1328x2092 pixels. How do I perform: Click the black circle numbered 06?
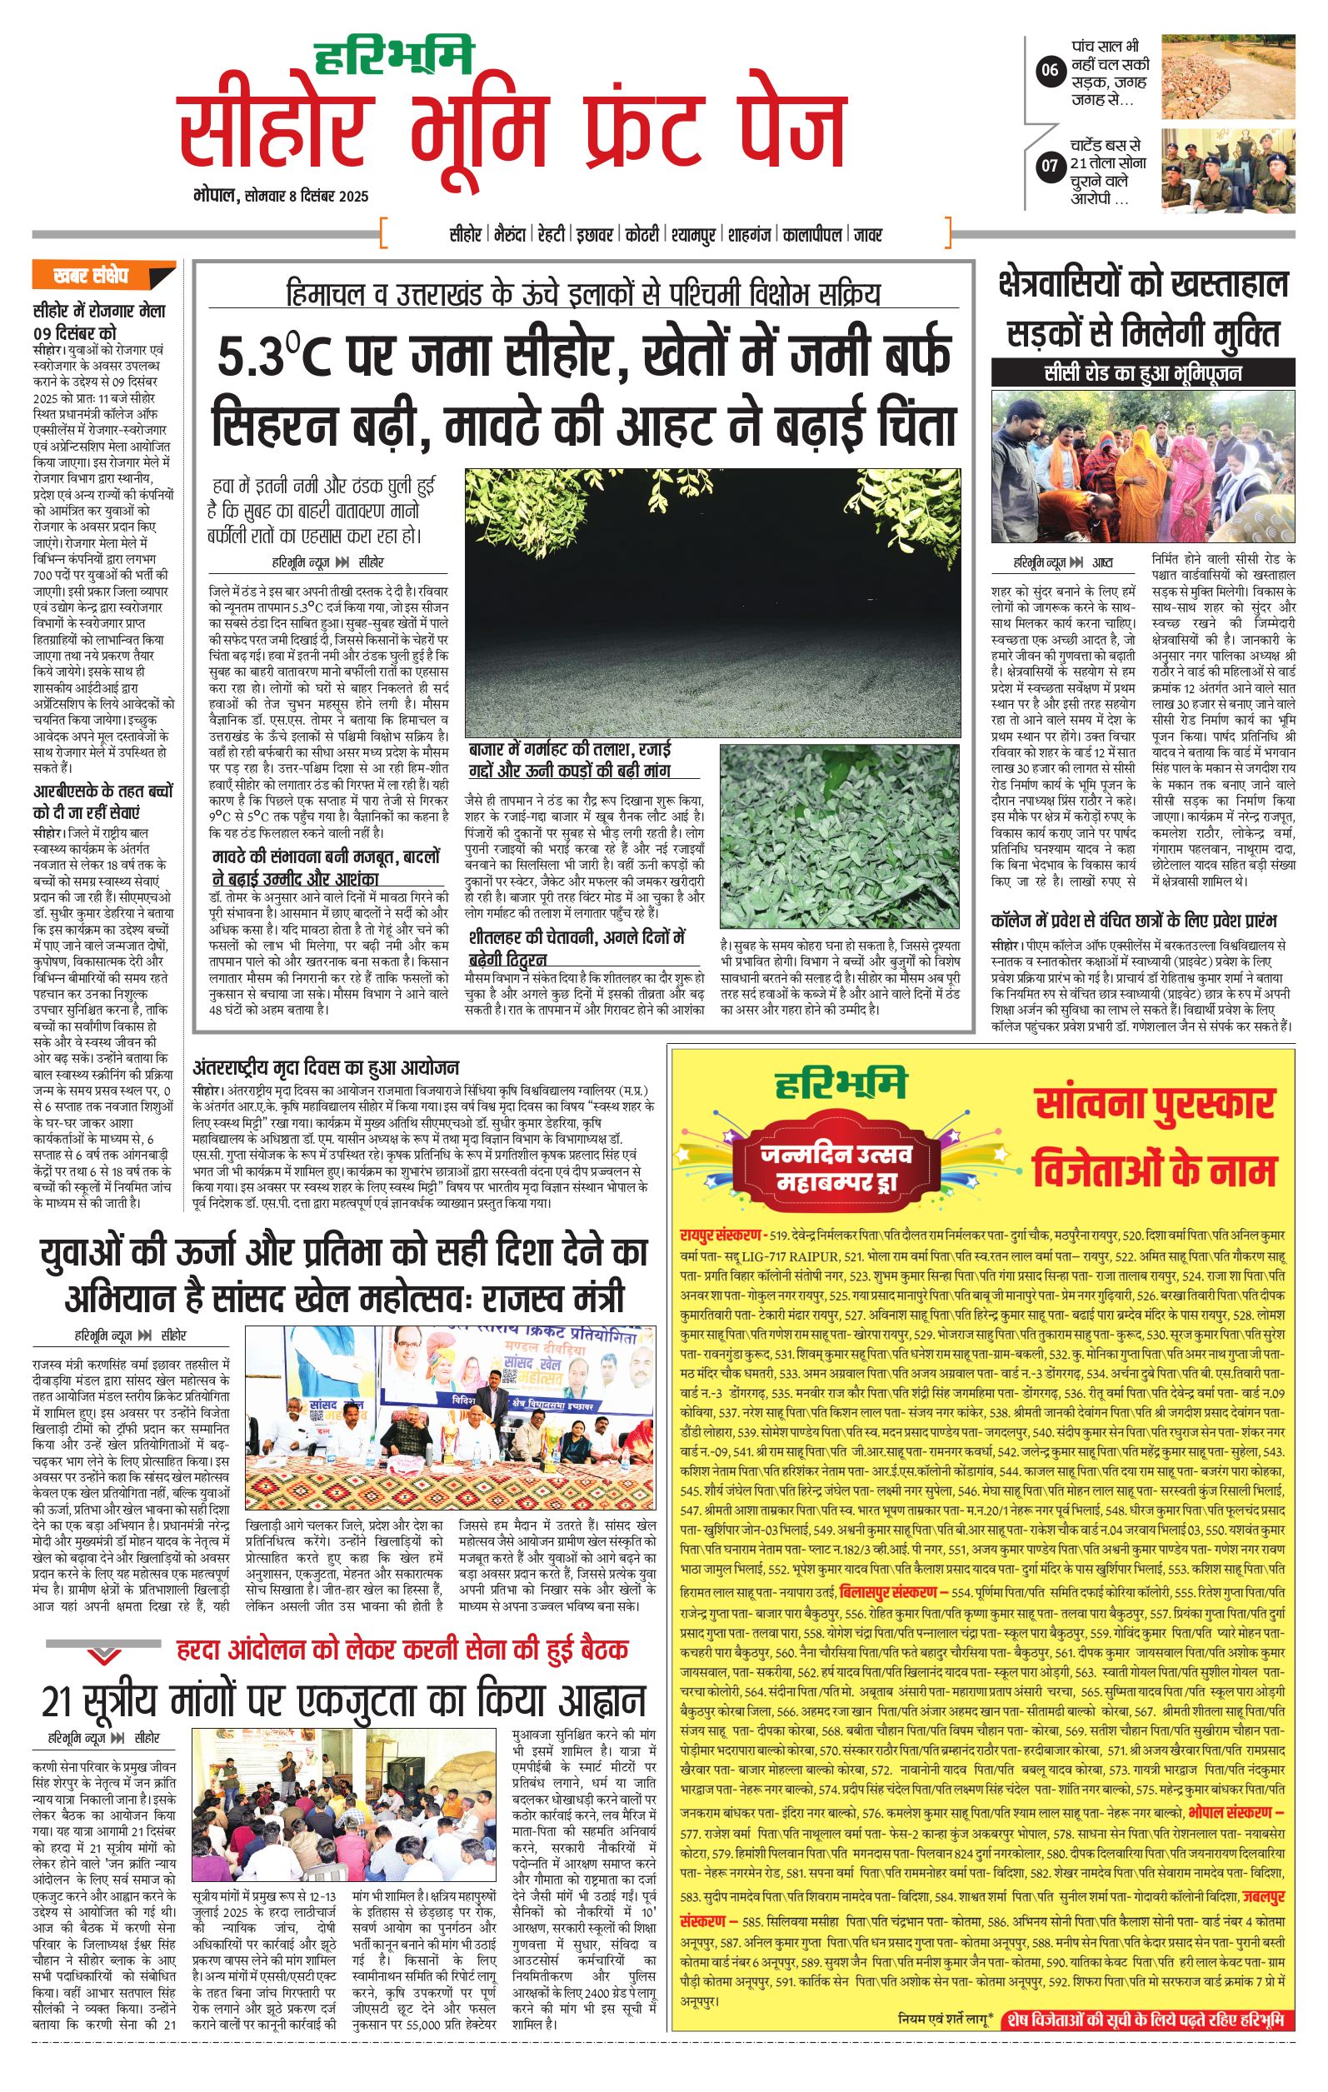coord(1049,70)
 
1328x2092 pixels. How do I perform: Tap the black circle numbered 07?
coord(1050,165)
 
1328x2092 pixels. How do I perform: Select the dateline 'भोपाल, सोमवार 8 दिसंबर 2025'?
coord(281,197)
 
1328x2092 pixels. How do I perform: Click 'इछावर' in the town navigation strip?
coord(595,235)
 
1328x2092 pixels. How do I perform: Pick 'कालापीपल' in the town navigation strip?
coord(811,235)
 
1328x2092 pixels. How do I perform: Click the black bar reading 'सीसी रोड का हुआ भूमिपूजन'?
coord(1143,373)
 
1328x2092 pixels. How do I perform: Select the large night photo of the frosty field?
coord(712,602)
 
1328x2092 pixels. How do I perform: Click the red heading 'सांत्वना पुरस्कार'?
coord(1154,1105)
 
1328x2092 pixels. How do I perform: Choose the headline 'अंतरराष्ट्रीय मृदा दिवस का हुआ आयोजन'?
coord(327,1068)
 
